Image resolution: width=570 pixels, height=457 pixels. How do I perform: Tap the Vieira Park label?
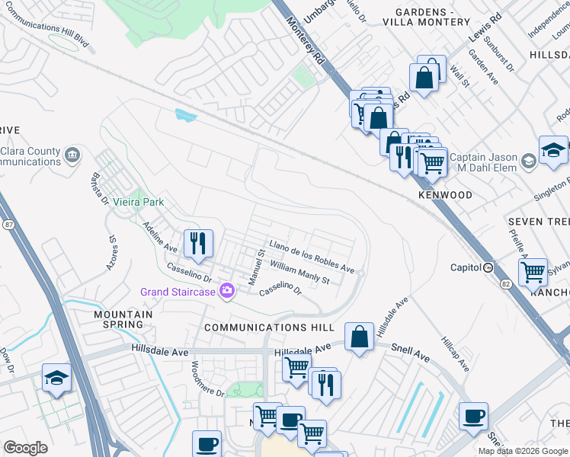pyautogui.click(x=139, y=203)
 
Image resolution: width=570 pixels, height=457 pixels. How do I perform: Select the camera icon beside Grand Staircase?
pyautogui.click(x=226, y=292)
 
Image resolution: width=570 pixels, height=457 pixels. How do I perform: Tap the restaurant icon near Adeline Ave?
pyautogui.click(x=198, y=243)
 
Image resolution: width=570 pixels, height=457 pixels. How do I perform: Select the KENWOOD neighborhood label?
pyautogui.click(x=445, y=196)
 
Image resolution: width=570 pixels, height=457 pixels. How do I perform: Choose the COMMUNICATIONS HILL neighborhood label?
pyautogui.click(x=269, y=327)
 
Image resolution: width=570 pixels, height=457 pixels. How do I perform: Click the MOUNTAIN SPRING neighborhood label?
pyautogui.click(x=118, y=319)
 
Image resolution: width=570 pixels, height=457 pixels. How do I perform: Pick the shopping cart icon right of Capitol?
pyautogui.click(x=533, y=271)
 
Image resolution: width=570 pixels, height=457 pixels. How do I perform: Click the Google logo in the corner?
pyautogui.click(x=26, y=448)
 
